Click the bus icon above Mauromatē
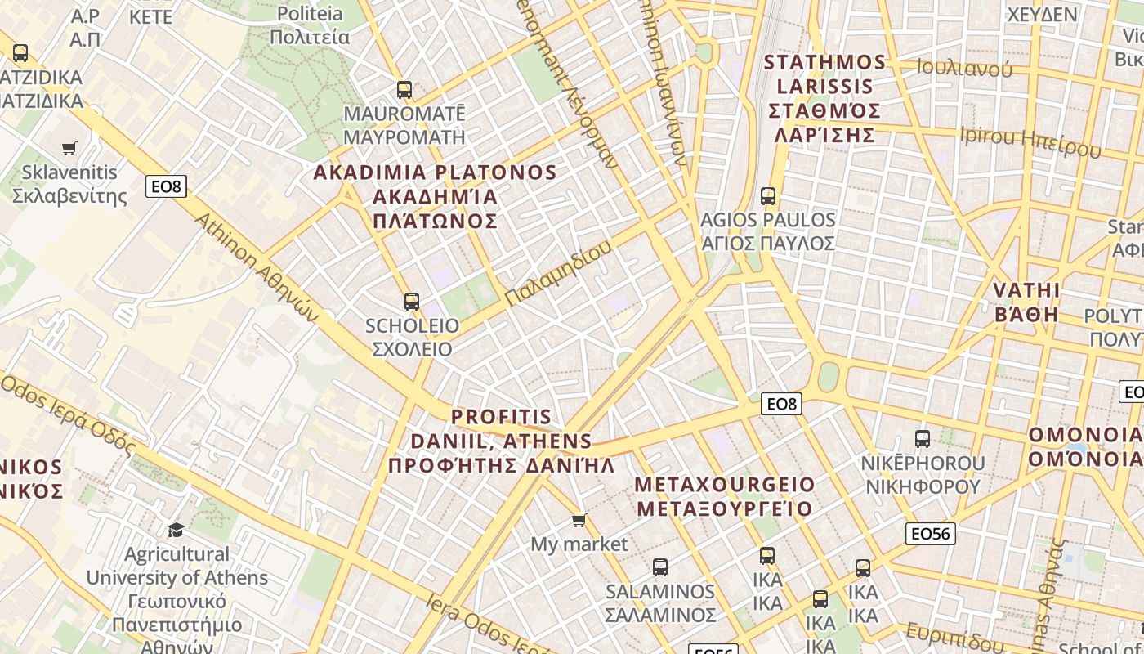click(x=404, y=89)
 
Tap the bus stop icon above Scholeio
click(x=412, y=302)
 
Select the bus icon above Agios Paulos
click(x=768, y=196)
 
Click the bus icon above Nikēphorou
click(x=923, y=439)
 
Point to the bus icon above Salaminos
click(x=660, y=567)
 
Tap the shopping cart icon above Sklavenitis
click(x=69, y=149)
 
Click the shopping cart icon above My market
click(x=579, y=521)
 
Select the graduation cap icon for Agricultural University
click(x=176, y=531)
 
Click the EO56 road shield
click(x=931, y=534)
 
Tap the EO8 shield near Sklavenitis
click(x=167, y=186)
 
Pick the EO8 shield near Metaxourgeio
click(x=782, y=403)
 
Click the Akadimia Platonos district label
click(x=435, y=196)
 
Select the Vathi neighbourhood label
click(x=1026, y=302)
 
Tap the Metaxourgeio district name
click(x=725, y=496)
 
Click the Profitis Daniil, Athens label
click(x=501, y=441)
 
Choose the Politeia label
click(x=310, y=25)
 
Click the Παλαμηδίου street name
click(x=557, y=273)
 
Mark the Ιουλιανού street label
click(x=964, y=68)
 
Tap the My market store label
click(x=579, y=544)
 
